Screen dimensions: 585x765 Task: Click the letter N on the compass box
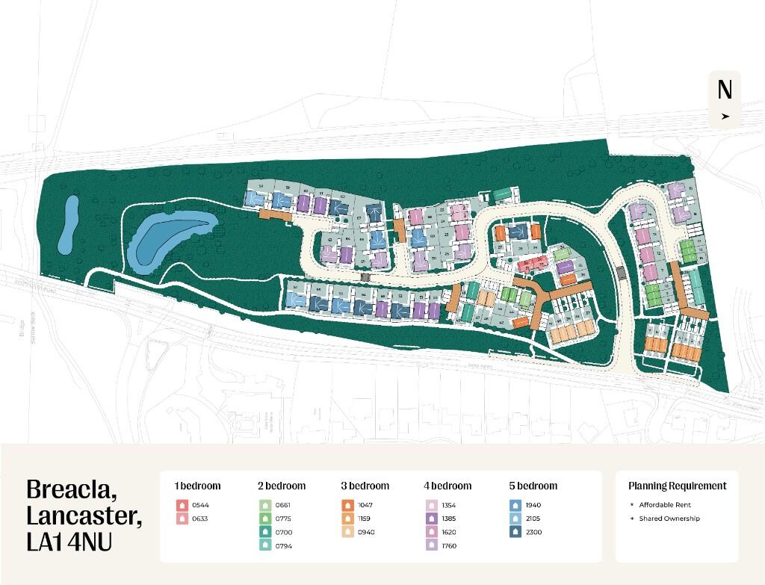724,90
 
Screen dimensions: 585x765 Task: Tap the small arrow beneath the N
725,117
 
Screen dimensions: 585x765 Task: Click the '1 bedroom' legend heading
197,486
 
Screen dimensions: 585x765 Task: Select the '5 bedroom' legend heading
533,486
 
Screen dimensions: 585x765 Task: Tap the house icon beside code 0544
181,505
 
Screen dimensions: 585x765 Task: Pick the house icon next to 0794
264,545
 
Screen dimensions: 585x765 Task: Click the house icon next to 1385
432,519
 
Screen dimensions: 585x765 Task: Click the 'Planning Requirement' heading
677,486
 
